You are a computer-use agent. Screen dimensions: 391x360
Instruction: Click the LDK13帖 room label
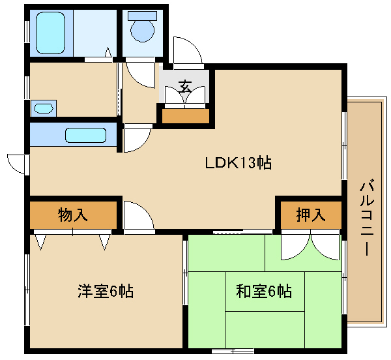(238, 163)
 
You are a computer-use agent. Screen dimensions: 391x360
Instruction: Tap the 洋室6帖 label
(106, 291)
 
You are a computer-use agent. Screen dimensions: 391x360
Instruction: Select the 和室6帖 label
(263, 291)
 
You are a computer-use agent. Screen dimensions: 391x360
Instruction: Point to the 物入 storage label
(73, 215)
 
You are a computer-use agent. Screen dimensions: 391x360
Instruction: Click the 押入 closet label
(311, 215)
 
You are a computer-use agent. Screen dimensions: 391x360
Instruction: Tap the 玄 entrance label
(185, 87)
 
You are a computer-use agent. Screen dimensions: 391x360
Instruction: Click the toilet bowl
(142, 31)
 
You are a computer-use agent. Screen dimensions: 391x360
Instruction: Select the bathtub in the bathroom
(51, 33)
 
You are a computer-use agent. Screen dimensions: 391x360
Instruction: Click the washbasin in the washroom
(44, 108)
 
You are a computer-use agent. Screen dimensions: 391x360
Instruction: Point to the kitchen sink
(86, 135)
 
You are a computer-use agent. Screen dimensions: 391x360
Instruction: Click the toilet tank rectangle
(142, 16)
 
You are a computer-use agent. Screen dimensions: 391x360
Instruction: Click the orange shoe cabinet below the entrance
(186, 116)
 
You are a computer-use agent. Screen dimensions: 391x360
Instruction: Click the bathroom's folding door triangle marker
(108, 52)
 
